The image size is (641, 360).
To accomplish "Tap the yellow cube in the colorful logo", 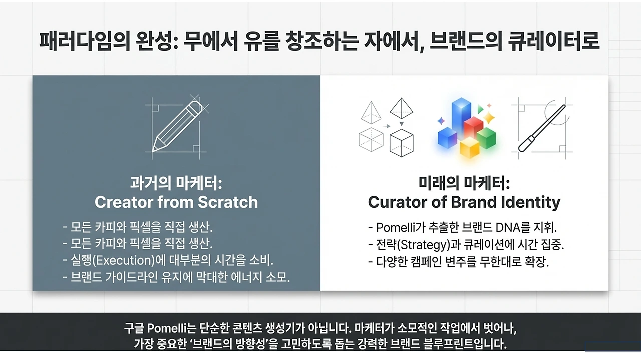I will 469,147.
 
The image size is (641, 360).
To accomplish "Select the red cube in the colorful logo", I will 473,127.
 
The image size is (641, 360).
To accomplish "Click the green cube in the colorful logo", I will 486,136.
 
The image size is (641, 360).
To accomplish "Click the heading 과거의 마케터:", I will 176,183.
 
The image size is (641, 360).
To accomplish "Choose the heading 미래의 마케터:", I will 464,183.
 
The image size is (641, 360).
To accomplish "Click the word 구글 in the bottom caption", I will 134,329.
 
